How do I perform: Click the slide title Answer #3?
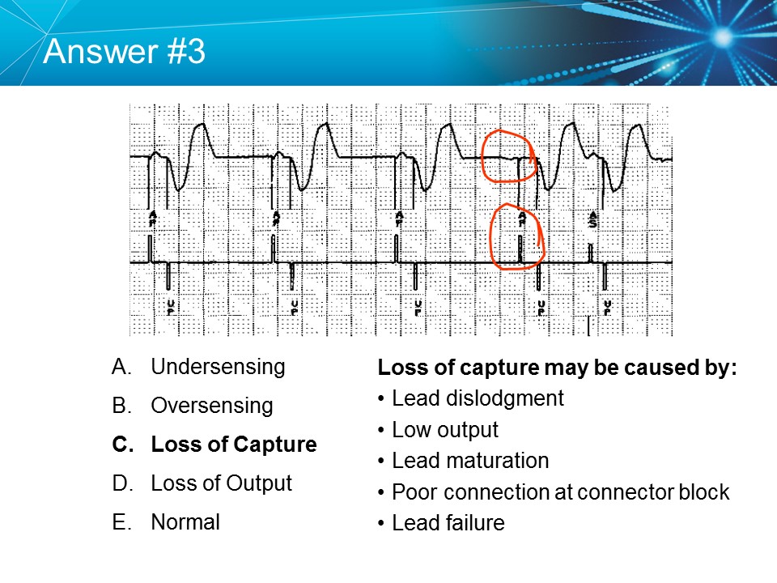tap(125, 51)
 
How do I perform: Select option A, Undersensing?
tap(218, 367)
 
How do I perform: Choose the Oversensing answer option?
tap(212, 406)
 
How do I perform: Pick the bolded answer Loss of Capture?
tap(233, 445)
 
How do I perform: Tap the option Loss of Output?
tap(221, 483)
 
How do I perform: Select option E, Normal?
tap(185, 522)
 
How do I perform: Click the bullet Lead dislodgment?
tap(478, 398)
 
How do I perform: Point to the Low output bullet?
tap(444, 430)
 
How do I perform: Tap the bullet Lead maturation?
tap(469, 461)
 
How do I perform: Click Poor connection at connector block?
tap(560, 492)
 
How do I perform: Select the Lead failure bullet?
tap(448, 523)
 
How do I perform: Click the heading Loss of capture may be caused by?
tap(557, 368)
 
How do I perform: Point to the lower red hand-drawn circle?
tap(516, 236)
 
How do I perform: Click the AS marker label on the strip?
tap(593, 221)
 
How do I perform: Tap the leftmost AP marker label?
tap(151, 219)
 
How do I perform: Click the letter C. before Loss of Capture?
tap(121, 445)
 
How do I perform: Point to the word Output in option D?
tap(260, 483)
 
